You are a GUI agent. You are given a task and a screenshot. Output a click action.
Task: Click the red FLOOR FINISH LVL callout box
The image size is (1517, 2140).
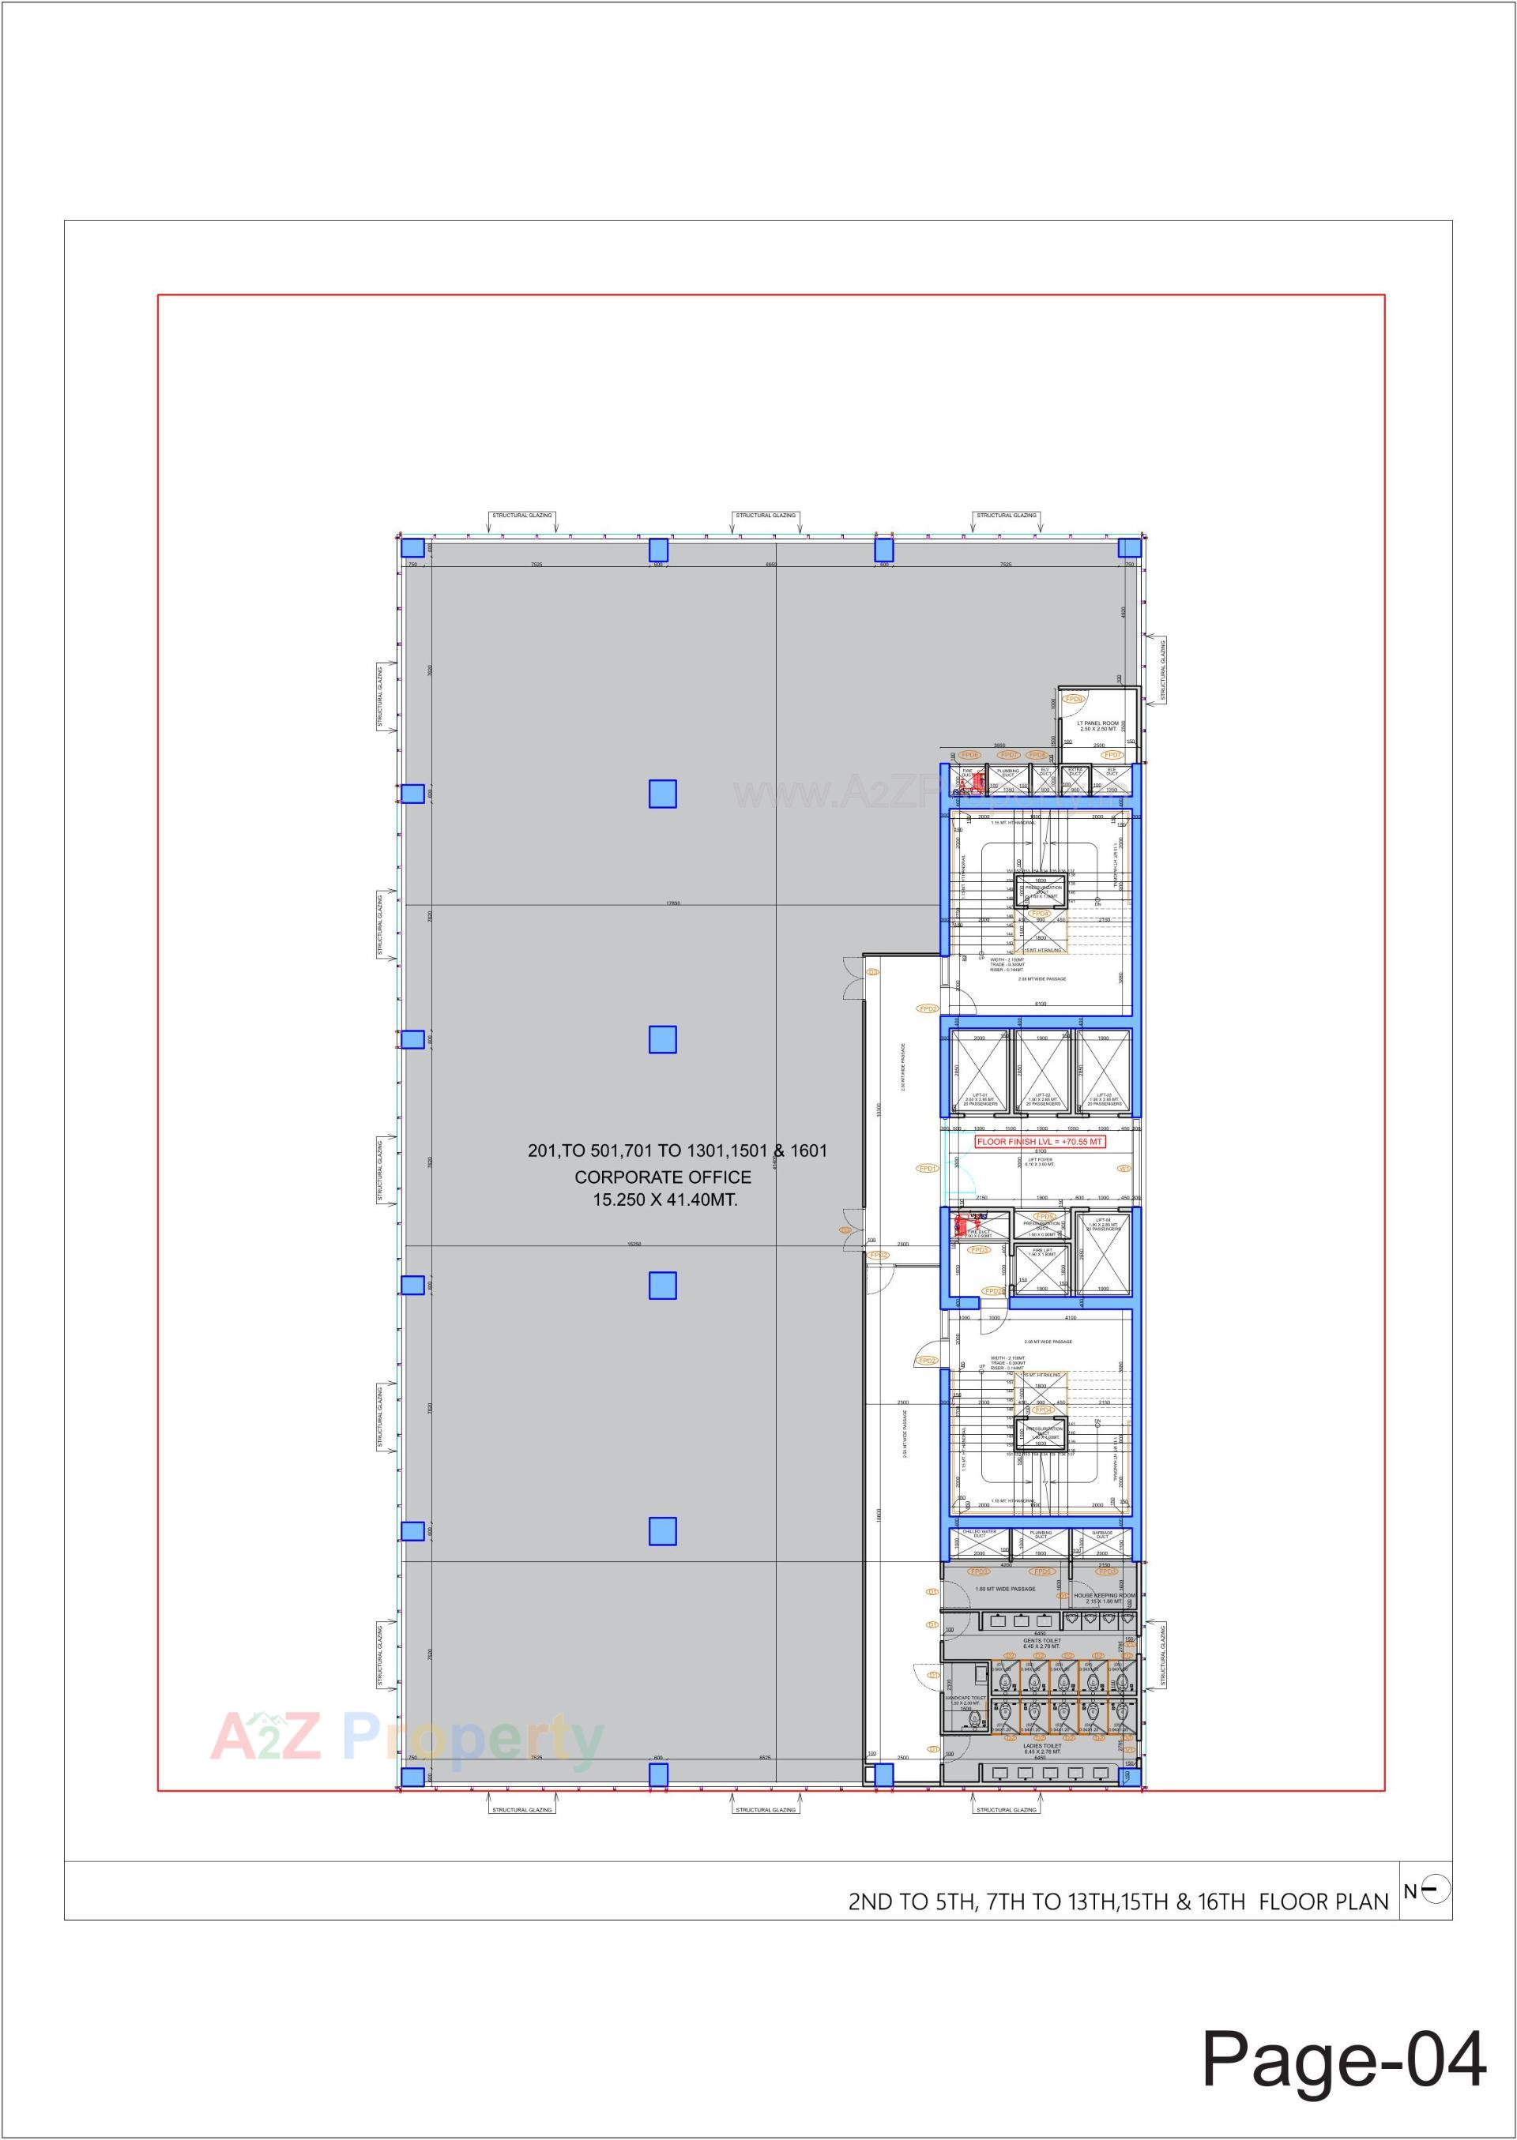[x=1040, y=1141]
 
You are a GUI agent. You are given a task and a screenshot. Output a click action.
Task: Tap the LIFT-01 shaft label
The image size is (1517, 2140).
[x=980, y=1099]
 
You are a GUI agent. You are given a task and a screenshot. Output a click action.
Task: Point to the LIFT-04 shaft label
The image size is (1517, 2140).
[x=1102, y=1224]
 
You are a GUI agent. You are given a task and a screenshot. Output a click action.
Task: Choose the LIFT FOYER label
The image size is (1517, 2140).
[x=1039, y=1163]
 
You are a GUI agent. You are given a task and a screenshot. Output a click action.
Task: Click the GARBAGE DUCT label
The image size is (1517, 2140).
[x=1103, y=1535]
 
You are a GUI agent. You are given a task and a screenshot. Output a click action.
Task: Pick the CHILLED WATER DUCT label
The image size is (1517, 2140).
[x=980, y=1535]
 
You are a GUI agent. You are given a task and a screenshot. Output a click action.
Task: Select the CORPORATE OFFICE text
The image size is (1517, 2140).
[x=662, y=1177]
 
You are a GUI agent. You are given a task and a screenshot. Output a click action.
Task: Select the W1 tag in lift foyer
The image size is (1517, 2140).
[x=1124, y=1168]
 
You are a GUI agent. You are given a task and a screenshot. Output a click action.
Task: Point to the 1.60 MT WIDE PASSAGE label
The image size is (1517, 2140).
[x=1004, y=1588]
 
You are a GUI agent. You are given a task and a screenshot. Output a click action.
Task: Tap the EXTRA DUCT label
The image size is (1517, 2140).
[x=1075, y=772]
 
